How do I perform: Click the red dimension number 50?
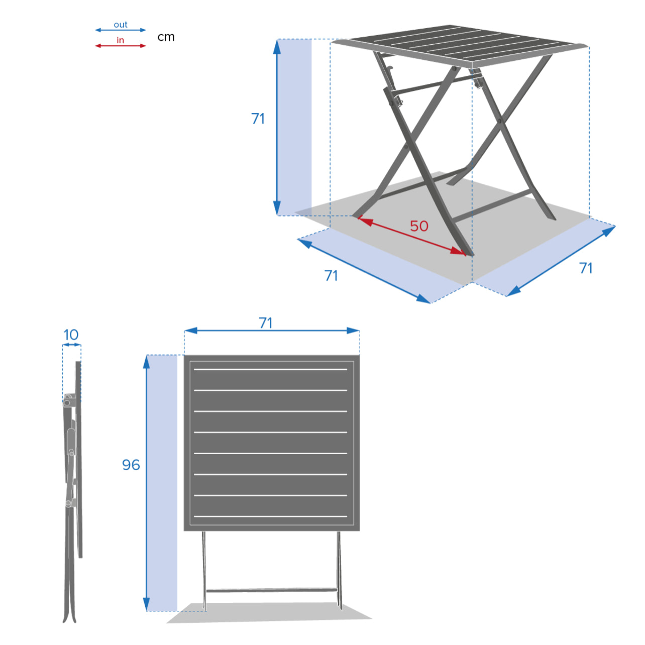pyautogui.click(x=419, y=226)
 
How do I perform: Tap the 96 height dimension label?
pyautogui.click(x=131, y=465)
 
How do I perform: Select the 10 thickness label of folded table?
pyautogui.click(x=71, y=335)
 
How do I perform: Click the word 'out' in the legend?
pyautogui.click(x=121, y=25)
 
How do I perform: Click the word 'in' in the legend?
pyautogui.click(x=120, y=40)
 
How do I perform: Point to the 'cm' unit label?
pyautogui.click(x=166, y=37)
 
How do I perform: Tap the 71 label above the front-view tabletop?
pyautogui.click(x=266, y=322)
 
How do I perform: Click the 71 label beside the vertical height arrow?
pyautogui.click(x=258, y=119)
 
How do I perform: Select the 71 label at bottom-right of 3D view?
pyautogui.click(x=586, y=268)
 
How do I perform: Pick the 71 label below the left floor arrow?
pyautogui.click(x=331, y=275)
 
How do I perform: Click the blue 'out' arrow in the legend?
pyautogui.click(x=121, y=30)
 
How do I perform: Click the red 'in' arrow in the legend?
pyautogui.click(x=121, y=46)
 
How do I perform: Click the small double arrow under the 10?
pyautogui.click(x=71, y=345)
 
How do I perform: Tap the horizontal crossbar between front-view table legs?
pyautogui.click(x=271, y=590)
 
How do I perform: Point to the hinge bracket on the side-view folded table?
pyautogui.click(x=68, y=401)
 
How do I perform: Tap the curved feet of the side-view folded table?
pyautogui.click(x=70, y=615)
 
